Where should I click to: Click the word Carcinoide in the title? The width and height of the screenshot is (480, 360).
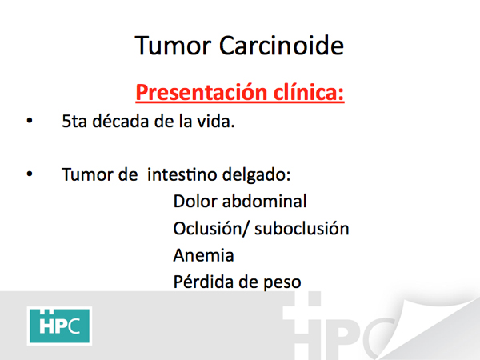282,46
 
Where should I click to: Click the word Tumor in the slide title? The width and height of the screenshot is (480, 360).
173,46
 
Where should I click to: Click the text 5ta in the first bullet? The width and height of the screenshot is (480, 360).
74,122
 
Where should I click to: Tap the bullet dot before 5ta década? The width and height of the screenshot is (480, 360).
30,121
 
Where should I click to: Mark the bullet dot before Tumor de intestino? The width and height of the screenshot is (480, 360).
30,174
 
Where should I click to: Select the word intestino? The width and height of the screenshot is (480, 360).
182,174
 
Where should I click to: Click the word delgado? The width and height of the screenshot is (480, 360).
256,175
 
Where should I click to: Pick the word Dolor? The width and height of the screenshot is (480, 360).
195,201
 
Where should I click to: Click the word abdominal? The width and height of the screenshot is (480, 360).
265,201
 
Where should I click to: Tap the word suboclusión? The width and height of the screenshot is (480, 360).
302,228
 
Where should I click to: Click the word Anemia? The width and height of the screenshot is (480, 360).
203,255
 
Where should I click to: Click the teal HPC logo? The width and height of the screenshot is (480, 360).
59,326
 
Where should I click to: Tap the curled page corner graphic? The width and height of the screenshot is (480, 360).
429,327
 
